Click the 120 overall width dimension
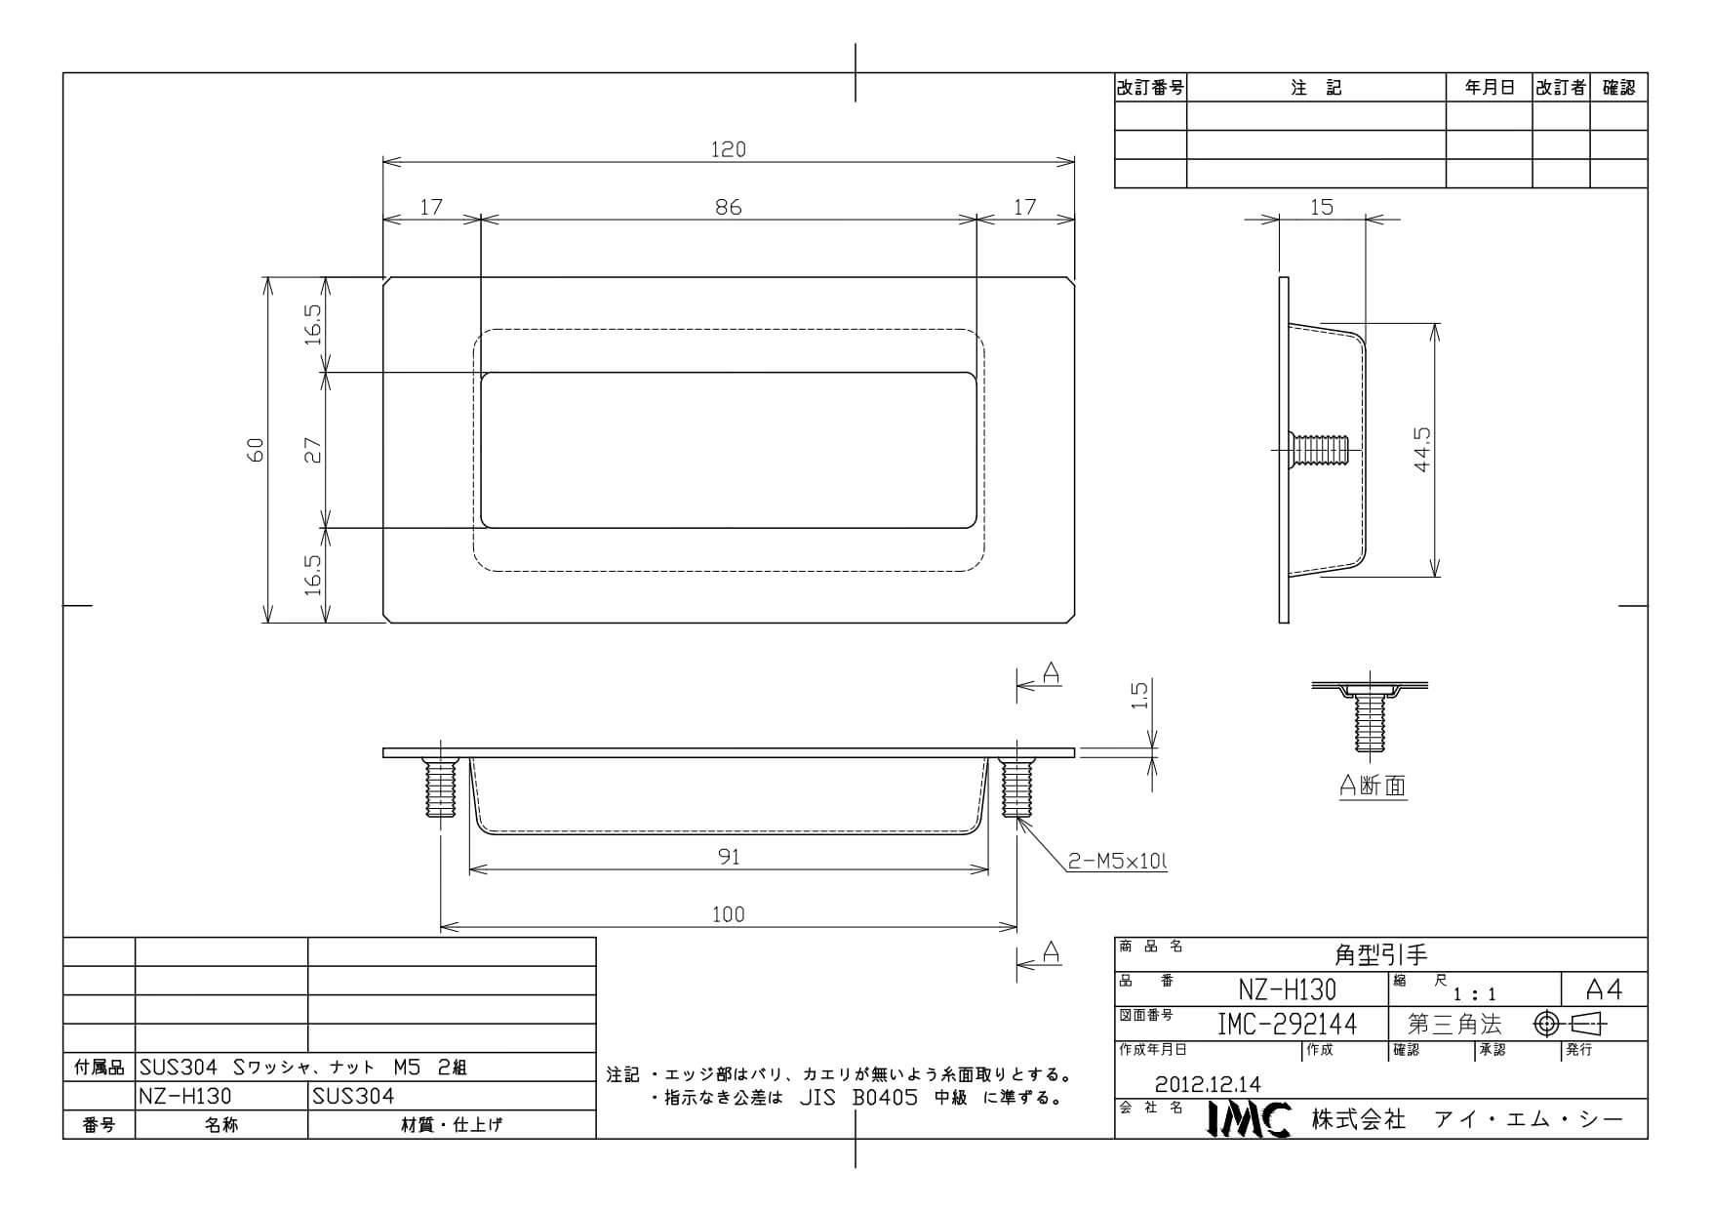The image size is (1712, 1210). tap(728, 149)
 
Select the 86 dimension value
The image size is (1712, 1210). tap(728, 207)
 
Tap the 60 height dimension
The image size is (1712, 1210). tap(256, 450)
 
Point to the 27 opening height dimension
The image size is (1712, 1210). tap(313, 450)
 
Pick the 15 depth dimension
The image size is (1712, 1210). tap(1322, 207)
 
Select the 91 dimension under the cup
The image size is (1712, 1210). tap(729, 857)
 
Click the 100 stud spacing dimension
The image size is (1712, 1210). tap(728, 914)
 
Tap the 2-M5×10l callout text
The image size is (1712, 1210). tap(1117, 862)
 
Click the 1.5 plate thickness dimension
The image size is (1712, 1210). tap(1140, 696)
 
